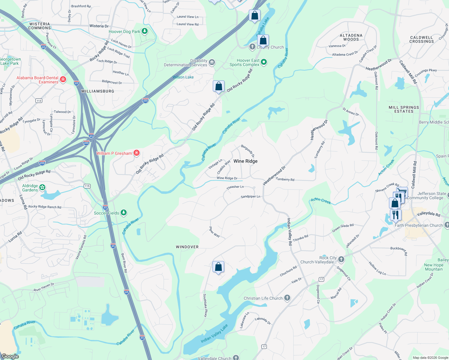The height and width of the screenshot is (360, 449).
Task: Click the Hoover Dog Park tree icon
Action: coord(145,31)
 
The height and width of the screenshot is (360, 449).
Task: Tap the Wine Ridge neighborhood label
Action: coord(246,161)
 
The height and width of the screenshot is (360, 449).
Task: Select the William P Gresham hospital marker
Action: coord(137,153)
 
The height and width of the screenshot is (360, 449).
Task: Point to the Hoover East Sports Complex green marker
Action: coord(264,62)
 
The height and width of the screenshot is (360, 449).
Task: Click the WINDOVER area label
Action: coord(187,247)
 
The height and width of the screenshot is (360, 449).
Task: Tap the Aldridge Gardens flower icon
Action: coord(42,187)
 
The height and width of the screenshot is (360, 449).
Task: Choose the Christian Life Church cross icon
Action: coord(287,298)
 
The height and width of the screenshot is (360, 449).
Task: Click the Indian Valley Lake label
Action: coord(214,333)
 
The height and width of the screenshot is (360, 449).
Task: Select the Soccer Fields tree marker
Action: coord(123,213)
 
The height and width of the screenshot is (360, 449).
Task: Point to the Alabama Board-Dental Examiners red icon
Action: coord(63,79)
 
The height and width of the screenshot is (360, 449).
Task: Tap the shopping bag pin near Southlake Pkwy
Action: coord(218,266)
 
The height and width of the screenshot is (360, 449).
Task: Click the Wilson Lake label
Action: coord(183,77)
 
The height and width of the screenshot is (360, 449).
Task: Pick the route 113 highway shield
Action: coord(39,100)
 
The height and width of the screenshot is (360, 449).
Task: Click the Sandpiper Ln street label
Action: coord(250,196)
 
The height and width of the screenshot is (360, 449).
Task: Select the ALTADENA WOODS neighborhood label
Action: coord(351,37)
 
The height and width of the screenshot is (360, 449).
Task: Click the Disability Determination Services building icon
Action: coord(212,62)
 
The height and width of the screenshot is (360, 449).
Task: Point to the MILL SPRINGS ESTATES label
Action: coord(404,109)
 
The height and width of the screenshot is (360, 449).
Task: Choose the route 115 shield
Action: coord(87,186)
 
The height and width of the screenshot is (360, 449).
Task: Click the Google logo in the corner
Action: coord(10,356)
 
